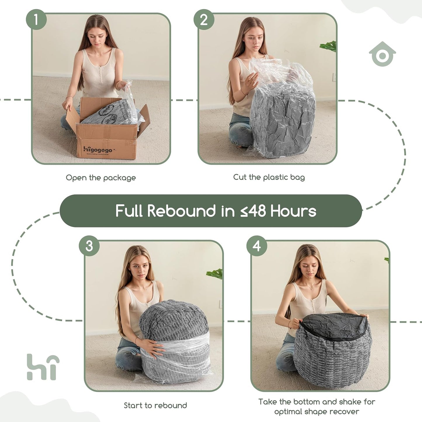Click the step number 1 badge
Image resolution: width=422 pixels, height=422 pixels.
coord(36,20)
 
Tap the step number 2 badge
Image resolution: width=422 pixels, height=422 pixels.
coord(204,20)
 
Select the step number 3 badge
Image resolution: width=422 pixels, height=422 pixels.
coord(89,246)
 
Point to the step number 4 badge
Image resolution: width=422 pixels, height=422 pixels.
coord(257,246)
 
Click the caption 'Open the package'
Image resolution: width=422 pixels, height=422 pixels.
coord(101,178)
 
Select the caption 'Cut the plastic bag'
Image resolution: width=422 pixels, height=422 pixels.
coord(269,177)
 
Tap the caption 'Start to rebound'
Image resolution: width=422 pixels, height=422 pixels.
coord(155,405)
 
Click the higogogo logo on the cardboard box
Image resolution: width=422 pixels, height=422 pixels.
coord(98,150)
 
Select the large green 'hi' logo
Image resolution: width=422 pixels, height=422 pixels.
coord(43,367)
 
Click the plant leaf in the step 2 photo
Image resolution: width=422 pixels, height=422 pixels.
coord(329,46)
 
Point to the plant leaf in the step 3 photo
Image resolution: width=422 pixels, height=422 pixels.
coord(215,274)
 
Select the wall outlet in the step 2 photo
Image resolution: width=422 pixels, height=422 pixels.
coord(334,77)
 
